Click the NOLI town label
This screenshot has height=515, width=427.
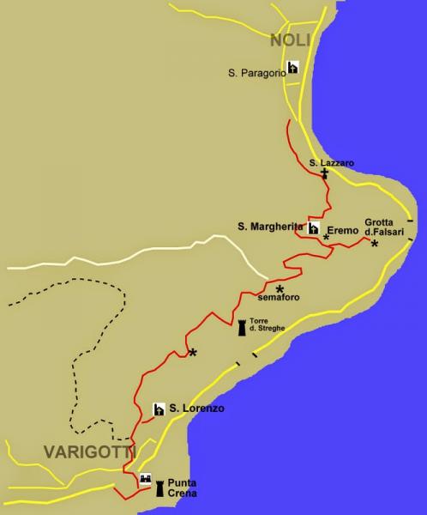coord(290,39)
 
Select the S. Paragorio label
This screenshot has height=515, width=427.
coord(256,73)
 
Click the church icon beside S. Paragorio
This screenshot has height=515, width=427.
coord(293,67)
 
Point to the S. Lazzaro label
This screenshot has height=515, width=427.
coord(331,162)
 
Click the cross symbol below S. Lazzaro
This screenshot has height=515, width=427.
coord(324,174)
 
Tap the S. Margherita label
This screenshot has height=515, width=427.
coord(270,226)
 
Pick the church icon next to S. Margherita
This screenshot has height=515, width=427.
coord(314,228)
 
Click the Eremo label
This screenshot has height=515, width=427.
coord(344,229)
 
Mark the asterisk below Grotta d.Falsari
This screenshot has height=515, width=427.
coord(374,245)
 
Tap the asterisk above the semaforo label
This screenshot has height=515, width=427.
coord(280,288)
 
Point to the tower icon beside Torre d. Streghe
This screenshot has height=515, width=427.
coord(242,327)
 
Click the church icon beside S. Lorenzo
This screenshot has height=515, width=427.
coord(159,409)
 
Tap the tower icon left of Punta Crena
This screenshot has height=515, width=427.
coord(159,489)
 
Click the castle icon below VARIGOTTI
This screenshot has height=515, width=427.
coord(145,479)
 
